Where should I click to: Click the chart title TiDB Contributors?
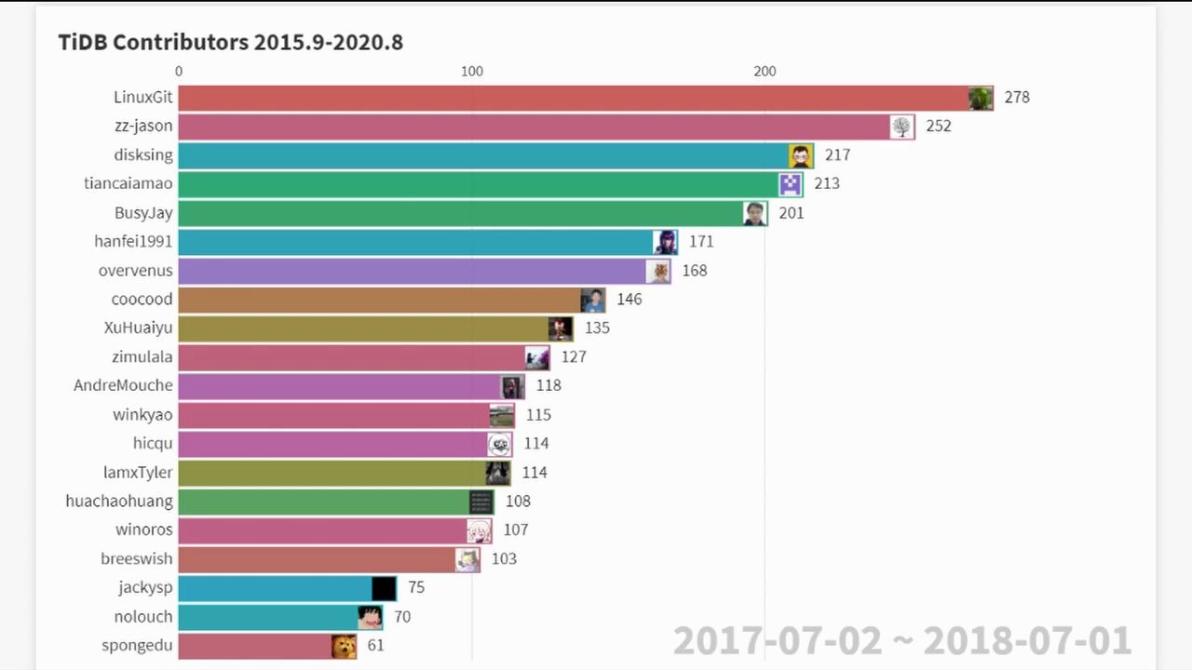230,42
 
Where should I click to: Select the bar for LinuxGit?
568,98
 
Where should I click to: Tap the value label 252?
938,126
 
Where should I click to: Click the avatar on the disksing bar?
801,155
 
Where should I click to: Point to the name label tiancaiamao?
129,183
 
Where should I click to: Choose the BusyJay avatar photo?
755,213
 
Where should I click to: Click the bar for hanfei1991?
414,242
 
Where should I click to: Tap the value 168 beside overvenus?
694,271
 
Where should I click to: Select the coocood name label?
142,299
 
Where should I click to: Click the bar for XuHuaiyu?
363,328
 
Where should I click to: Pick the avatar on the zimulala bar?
536,357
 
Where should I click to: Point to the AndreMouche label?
123,385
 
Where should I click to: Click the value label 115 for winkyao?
538,415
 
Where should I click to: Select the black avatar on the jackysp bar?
384,588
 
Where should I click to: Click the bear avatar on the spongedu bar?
344,646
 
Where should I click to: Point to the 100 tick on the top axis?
472,72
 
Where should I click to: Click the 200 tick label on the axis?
765,72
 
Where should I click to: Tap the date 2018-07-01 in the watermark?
1027,641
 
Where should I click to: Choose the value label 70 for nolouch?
402,617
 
